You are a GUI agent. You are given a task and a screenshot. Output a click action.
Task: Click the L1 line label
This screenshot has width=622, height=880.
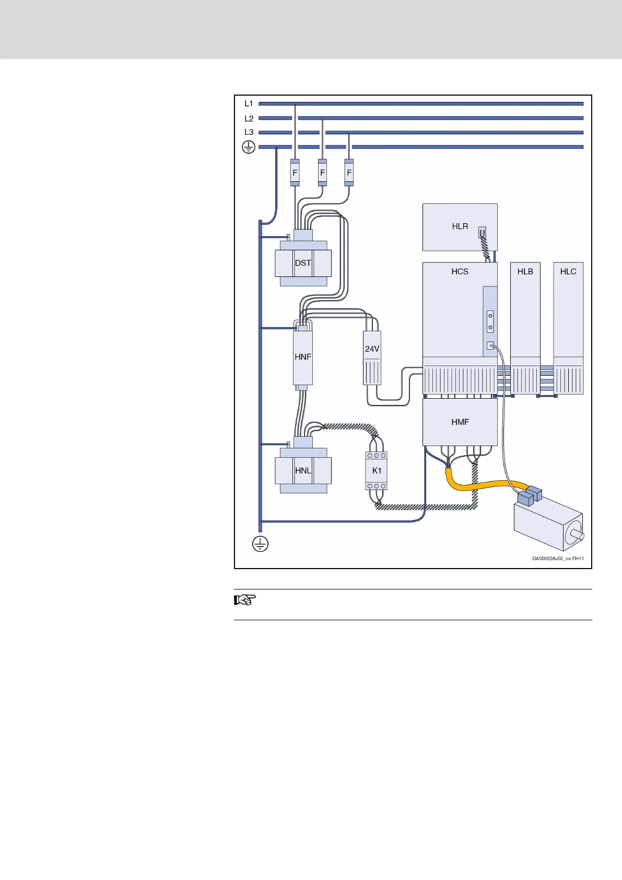[249, 103]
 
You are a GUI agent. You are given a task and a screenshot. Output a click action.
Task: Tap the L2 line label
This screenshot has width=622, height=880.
[249, 119]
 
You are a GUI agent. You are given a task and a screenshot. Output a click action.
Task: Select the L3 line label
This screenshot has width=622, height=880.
[249, 132]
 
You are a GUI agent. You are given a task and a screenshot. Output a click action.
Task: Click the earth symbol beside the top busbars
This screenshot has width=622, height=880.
[249, 147]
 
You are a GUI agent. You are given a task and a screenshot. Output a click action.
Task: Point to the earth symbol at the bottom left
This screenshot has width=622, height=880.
[260, 544]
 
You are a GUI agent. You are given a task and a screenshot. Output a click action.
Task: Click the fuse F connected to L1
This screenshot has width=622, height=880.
[295, 172]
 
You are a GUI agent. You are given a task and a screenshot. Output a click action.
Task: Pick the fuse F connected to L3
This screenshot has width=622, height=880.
[349, 172]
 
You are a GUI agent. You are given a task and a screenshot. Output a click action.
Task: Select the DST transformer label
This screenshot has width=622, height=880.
[303, 263]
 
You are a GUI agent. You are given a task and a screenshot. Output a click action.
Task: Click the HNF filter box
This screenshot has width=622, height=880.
[303, 357]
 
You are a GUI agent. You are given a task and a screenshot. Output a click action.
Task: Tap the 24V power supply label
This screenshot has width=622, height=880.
[372, 349]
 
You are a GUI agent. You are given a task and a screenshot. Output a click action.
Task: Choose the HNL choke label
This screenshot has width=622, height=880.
[303, 470]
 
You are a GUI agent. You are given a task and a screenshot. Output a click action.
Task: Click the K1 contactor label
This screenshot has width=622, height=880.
[377, 470]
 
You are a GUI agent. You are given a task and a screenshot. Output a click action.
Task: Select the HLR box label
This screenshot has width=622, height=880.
[460, 226]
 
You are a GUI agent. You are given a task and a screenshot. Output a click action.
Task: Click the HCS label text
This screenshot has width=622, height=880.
[460, 271]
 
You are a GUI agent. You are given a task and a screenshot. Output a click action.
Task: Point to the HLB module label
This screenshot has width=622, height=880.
[525, 271]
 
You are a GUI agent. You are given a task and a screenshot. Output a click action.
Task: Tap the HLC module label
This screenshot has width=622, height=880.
[568, 271]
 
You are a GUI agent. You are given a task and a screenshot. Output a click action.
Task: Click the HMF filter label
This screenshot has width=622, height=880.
[460, 422]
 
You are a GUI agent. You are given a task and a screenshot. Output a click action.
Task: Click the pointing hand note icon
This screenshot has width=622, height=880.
[244, 600]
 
